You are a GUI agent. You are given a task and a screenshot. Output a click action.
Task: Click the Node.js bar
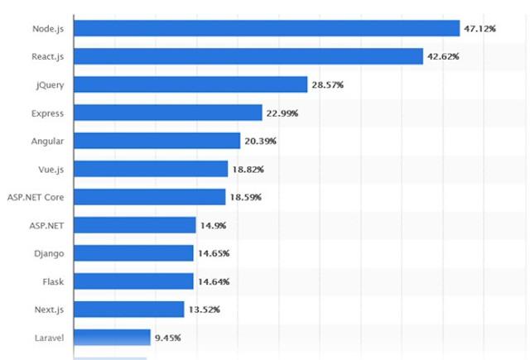(267, 28)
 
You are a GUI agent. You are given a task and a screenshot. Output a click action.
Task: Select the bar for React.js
(248, 56)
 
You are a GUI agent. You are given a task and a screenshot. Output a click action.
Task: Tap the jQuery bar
(190, 84)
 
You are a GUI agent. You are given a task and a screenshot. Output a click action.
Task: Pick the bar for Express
(167, 113)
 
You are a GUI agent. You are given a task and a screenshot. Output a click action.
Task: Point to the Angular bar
(157, 141)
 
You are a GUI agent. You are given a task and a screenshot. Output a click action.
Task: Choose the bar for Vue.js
(150, 169)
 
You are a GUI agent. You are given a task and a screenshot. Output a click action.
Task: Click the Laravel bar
(112, 337)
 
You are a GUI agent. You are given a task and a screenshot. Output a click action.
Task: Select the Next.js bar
(128, 309)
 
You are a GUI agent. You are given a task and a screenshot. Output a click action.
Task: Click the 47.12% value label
(479, 29)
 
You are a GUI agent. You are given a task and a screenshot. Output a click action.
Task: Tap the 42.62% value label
(444, 57)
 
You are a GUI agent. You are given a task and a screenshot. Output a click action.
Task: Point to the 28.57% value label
(328, 85)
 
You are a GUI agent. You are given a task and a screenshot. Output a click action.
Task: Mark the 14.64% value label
(214, 281)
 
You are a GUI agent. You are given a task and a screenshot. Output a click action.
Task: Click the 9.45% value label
(168, 338)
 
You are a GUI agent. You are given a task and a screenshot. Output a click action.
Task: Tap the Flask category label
(52, 281)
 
